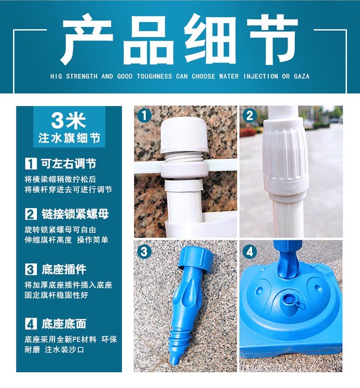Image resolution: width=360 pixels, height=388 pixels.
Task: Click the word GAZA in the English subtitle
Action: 301,76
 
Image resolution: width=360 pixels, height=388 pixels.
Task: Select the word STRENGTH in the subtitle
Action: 82,76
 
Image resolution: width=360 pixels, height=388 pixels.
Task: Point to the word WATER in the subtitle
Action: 229,76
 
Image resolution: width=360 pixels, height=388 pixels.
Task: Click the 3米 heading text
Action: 69,120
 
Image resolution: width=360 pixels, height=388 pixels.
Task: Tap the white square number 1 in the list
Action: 31,164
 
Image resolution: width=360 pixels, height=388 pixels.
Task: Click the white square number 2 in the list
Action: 31,214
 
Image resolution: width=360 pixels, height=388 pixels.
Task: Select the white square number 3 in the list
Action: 31,269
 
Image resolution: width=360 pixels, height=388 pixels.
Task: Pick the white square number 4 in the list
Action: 31,324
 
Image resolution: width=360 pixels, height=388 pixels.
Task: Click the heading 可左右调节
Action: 69,164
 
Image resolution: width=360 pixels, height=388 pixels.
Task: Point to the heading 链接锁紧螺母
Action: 75,214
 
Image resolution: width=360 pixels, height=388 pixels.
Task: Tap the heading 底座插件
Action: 64,269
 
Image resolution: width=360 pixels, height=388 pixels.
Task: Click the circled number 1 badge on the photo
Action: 144,115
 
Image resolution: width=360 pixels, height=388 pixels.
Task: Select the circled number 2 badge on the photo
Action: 250,116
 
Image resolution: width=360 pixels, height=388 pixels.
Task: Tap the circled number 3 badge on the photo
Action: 144,252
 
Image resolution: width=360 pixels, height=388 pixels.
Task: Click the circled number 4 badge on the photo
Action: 250,252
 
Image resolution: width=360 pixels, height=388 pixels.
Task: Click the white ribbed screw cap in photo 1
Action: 184,135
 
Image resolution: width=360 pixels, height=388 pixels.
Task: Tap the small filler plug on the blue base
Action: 288,301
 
